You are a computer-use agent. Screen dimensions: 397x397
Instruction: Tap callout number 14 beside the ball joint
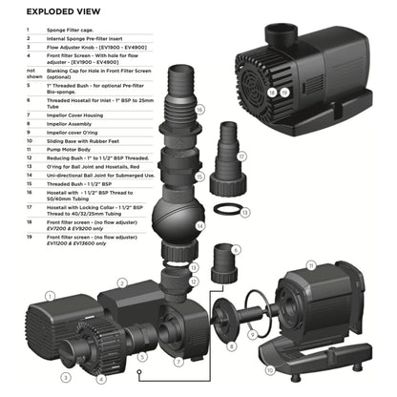(198, 225)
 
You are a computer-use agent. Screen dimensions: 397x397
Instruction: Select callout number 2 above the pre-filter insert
(123, 282)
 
